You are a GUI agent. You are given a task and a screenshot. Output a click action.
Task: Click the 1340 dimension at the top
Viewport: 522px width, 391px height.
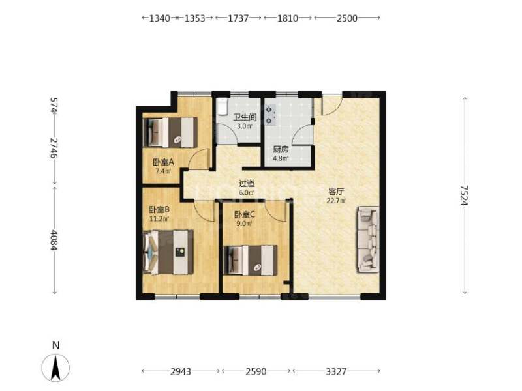pos(159,18)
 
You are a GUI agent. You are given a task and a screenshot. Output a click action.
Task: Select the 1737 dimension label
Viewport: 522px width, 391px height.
pos(238,18)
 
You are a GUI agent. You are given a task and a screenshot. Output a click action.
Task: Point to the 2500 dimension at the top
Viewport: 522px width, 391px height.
pos(347,18)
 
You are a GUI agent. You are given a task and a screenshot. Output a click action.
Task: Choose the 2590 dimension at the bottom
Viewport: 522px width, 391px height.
pos(256,371)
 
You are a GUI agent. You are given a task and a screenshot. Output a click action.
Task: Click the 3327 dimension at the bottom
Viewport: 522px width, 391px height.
pos(336,371)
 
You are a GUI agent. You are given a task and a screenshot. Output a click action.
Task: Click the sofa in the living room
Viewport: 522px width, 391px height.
pos(368,239)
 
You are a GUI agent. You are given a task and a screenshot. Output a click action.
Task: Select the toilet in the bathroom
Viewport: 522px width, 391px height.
pos(222,106)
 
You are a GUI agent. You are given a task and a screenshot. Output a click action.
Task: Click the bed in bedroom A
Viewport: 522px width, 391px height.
pos(170,132)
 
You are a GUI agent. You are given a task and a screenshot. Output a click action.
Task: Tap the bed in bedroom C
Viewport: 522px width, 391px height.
pos(251,260)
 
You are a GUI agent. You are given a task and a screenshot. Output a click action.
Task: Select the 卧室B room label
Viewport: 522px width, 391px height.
pos(159,210)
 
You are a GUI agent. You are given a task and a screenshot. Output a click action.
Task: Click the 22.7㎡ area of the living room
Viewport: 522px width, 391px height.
pos(336,201)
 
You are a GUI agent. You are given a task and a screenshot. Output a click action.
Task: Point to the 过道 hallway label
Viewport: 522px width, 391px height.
pos(247,183)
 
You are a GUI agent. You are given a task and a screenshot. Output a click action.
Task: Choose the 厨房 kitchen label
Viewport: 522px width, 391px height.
pos(281,150)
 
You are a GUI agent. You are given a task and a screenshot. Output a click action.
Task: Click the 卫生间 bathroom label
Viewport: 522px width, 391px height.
pos(245,117)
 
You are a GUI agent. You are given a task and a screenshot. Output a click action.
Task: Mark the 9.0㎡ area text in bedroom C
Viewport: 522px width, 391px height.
pos(244,224)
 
